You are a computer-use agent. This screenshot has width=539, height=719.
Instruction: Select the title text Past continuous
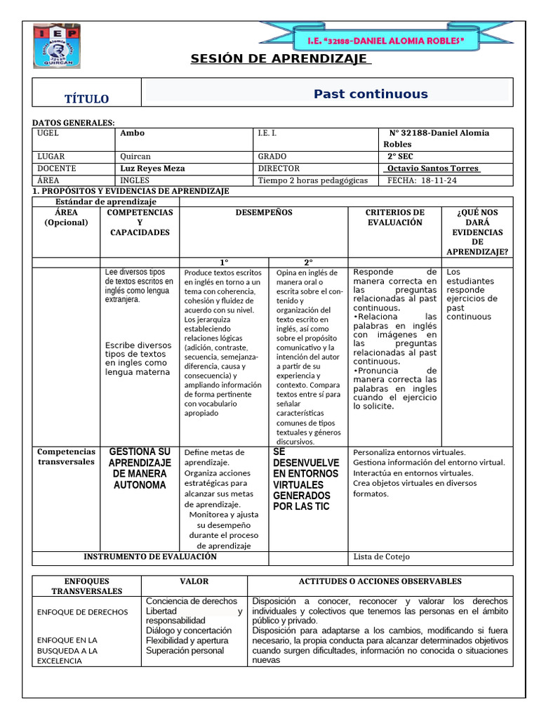(371, 94)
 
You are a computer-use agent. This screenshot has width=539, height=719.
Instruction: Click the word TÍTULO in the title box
(87, 99)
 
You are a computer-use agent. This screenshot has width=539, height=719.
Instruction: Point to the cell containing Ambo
(133, 133)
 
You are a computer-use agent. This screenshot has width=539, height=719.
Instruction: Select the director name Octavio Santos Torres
(433, 169)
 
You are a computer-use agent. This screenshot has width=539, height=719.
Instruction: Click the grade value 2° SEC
(399, 157)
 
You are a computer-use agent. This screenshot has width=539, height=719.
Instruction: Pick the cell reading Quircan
(135, 157)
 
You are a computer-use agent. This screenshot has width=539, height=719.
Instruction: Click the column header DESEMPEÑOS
(264, 212)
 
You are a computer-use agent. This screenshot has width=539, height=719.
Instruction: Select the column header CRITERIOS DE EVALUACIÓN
(395, 217)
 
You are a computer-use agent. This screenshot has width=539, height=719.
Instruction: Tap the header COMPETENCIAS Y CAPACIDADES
(140, 222)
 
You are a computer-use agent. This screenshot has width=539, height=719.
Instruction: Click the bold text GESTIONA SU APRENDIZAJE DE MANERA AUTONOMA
(140, 468)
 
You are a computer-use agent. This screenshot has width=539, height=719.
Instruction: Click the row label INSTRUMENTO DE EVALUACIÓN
(150, 557)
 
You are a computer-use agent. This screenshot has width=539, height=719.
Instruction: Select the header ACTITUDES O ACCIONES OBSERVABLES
(380, 581)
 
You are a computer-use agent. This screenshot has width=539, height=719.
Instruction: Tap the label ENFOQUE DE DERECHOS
(83, 612)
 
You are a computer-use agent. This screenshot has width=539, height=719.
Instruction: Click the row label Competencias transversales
(66, 457)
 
